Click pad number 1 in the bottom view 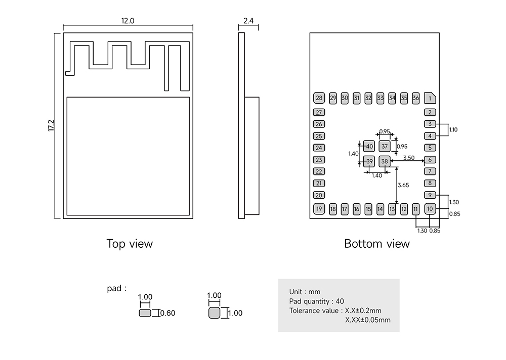coord(430,98)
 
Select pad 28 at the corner coord(319,98)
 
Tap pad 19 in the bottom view coord(319,208)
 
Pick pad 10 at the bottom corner coord(430,208)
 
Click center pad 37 coord(385,147)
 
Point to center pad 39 coord(369,162)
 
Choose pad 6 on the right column coord(430,160)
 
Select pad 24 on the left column coord(319,148)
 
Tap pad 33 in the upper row coord(380,98)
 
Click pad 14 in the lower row coord(380,209)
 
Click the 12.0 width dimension coord(128,21)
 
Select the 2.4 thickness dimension coord(248,21)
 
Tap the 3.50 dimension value coord(409,158)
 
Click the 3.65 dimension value coord(403,185)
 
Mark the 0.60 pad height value coord(168,313)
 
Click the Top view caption coord(130,244)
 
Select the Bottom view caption coord(377,244)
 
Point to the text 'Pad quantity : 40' coord(316,301)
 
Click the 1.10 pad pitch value coord(453,130)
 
